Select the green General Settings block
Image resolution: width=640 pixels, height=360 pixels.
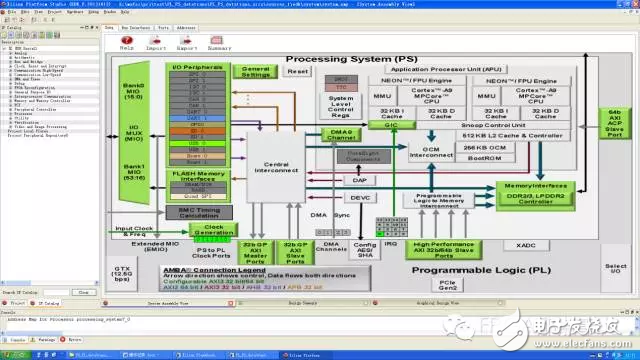point(257,72)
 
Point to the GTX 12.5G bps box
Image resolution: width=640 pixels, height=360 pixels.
point(123,273)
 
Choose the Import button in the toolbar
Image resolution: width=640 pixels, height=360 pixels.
point(156,44)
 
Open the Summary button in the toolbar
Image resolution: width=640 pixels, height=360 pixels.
point(220,44)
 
